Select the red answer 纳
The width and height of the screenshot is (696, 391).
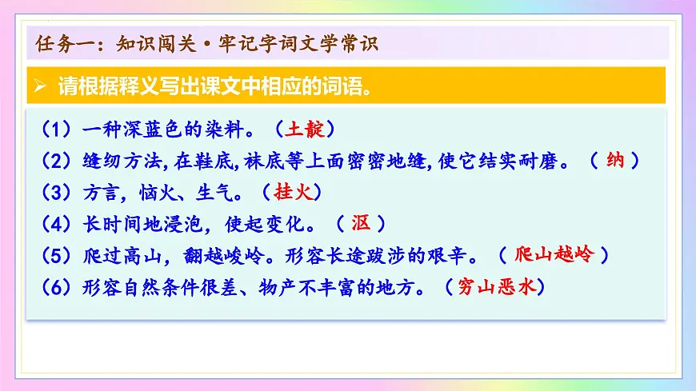click(x=615, y=160)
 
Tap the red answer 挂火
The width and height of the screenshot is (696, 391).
click(x=292, y=192)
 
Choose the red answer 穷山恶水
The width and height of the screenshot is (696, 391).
click(x=500, y=287)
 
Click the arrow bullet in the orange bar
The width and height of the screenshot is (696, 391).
click(x=41, y=86)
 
